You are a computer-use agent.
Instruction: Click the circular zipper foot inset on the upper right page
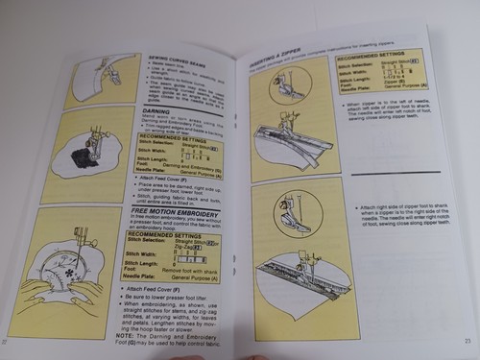click(288, 83)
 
